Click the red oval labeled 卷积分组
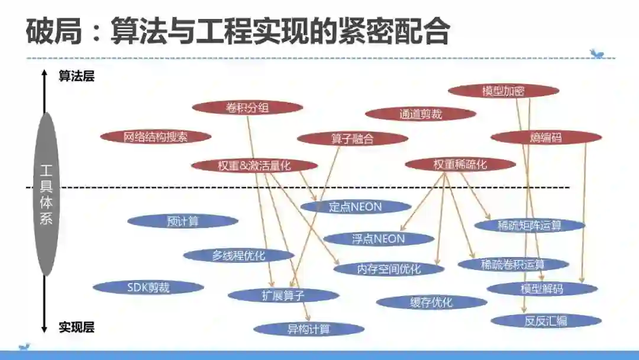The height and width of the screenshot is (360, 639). tap(247, 108)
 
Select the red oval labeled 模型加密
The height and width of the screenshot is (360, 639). tap(503, 91)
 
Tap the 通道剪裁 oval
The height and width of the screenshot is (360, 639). tap(420, 114)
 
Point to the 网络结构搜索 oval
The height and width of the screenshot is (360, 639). tap(156, 137)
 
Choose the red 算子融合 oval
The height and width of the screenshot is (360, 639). tap(352, 139)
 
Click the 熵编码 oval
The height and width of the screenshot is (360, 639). tap(546, 138)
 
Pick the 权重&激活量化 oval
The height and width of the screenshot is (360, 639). tap(254, 166)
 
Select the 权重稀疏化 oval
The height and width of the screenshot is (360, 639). tap(460, 165)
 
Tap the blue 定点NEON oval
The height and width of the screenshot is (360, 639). tap(356, 207)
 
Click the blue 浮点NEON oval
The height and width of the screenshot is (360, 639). tap(379, 239)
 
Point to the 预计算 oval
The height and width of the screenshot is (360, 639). tap(183, 221)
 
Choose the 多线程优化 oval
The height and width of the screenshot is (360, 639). tap(238, 256)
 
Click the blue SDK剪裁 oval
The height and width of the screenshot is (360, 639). tap(148, 288)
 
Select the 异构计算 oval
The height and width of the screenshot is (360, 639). tap(308, 329)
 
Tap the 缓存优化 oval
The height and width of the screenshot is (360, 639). tap(431, 303)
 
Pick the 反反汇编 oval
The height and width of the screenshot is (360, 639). tap(546, 321)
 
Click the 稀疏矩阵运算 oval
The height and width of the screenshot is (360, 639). tap(529, 226)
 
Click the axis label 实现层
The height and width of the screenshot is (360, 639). tap(76, 327)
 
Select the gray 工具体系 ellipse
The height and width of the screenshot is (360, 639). tap(47, 194)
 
